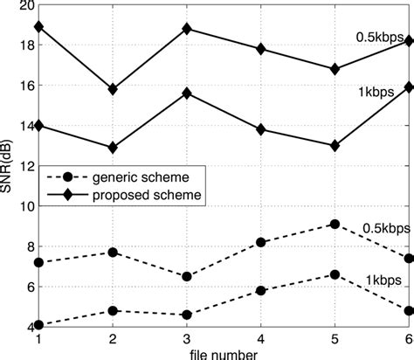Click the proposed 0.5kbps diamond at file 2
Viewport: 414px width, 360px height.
113,89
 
